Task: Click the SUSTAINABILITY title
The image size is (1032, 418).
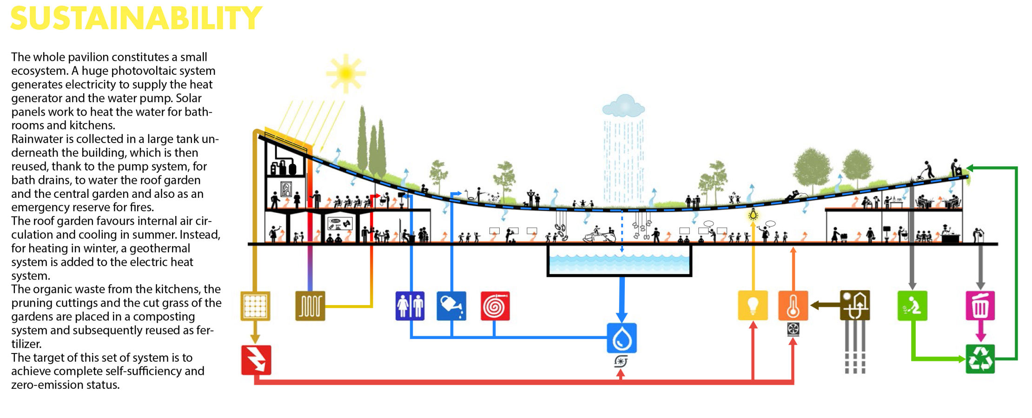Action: point(136,19)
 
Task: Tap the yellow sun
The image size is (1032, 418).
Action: point(345,73)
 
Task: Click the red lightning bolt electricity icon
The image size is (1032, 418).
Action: point(256,360)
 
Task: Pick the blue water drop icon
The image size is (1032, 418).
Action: point(622,338)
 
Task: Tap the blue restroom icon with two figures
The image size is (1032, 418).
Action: point(410,306)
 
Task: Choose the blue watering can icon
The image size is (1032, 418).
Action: point(451,306)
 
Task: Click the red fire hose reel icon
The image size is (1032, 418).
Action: point(495,306)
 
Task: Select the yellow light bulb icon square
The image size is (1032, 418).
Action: point(753,306)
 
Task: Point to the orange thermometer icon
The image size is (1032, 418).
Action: point(793,306)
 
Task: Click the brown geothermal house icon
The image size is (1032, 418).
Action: point(854,306)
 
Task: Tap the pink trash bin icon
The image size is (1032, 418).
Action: point(980,306)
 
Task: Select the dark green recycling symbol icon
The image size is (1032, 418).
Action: point(980,359)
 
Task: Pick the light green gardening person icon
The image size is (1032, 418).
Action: point(912,306)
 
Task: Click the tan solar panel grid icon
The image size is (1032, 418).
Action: point(255,306)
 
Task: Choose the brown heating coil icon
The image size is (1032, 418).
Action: point(310,306)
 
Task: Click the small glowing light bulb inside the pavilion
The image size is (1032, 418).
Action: point(753,215)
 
